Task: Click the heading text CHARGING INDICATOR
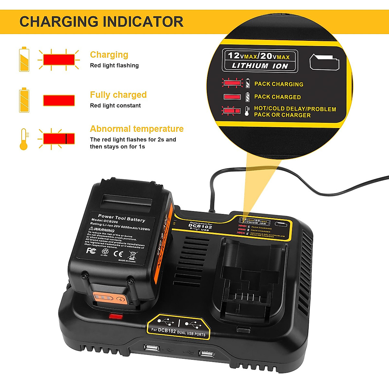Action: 101,22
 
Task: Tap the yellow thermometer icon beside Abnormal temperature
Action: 24,139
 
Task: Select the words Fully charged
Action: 118,95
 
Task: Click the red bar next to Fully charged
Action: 59,100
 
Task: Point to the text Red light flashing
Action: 114,65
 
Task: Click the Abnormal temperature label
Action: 136,129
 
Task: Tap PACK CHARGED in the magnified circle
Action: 277,97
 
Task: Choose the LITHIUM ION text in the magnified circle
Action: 260,66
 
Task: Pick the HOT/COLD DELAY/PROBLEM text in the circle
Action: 295,109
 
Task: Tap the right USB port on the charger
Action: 206,353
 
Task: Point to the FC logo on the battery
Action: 91,250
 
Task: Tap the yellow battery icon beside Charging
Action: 24,59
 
